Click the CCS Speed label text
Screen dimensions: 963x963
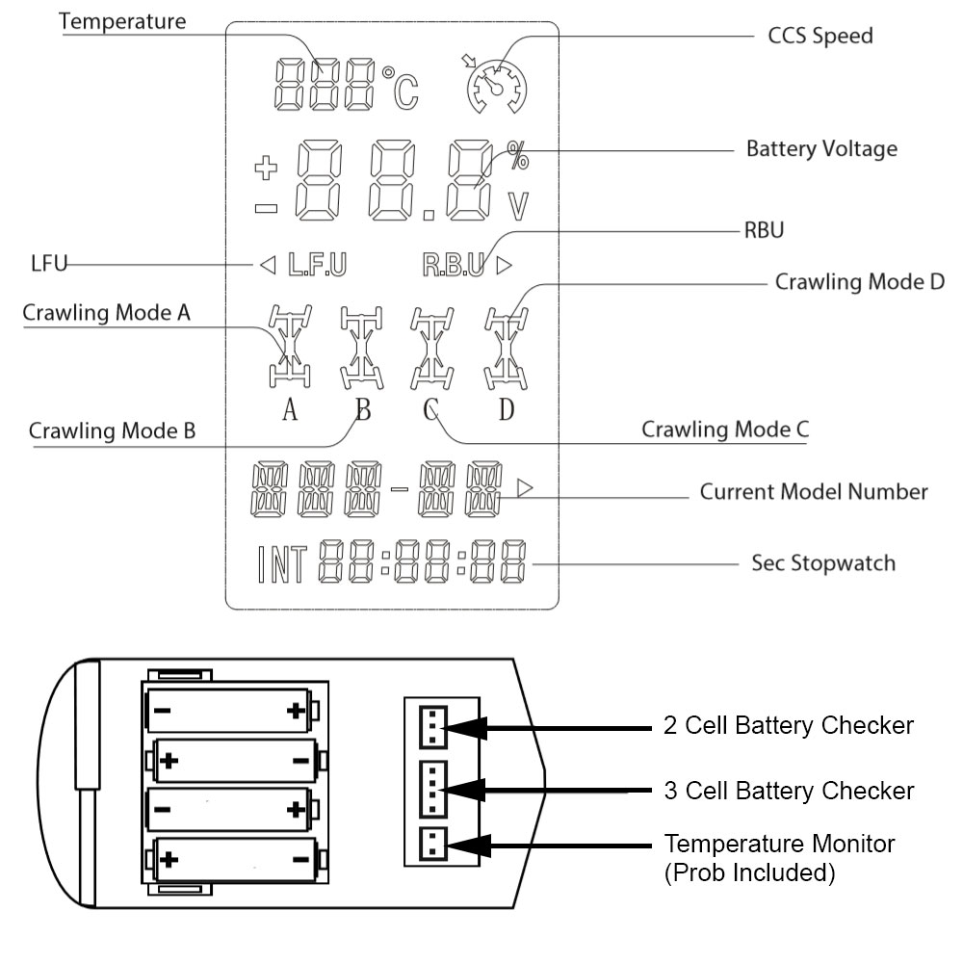tap(820, 37)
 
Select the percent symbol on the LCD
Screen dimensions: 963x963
tap(518, 156)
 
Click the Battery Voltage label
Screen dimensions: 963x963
tap(821, 149)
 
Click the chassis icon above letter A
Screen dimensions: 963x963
tap(288, 348)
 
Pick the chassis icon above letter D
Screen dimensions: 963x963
tap(505, 348)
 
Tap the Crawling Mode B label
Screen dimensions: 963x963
tap(112, 430)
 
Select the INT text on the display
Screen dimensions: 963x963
tap(282, 565)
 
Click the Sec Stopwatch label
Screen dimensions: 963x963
tap(822, 562)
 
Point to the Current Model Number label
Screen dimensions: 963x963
tap(814, 492)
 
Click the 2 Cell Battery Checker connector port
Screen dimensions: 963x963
tap(430, 727)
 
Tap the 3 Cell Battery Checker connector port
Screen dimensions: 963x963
tap(430, 789)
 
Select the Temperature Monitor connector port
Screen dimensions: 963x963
tap(430, 845)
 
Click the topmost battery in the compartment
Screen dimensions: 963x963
tap(228, 712)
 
